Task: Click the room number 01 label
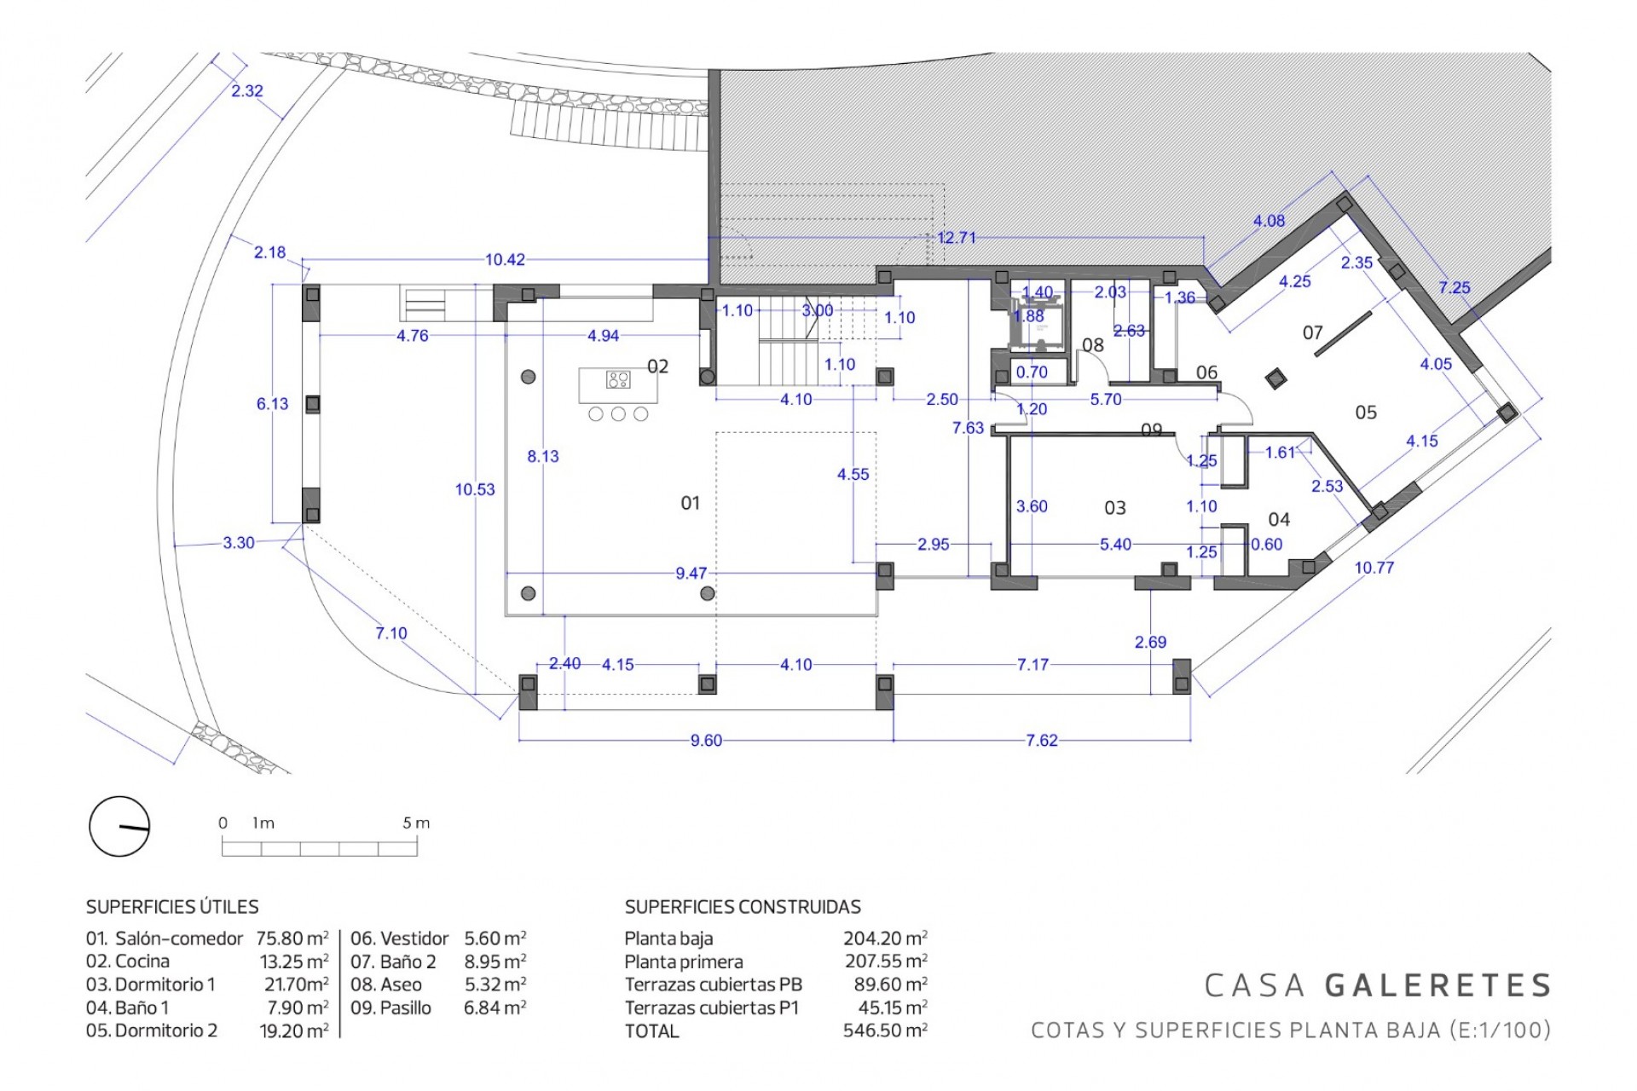(690, 503)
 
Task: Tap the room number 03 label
(1114, 508)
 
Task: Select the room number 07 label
(1312, 332)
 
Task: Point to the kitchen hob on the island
(618, 379)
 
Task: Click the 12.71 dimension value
(957, 237)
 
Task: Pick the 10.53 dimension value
(475, 489)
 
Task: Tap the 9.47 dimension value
(691, 573)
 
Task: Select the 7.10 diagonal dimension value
(391, 633)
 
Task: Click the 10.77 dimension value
(1374, 568)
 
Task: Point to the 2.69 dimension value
(1150, 642)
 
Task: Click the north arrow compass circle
(119, 826)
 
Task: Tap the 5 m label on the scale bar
(416, 823)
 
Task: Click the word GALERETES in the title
(1438, 985)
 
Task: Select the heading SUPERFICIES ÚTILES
(172, 907)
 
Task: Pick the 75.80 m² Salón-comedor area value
(292, 938)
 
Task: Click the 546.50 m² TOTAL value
(885, 1030)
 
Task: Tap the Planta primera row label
(684, 961)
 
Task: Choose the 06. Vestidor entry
(399, 938)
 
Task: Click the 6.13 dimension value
(273, 403)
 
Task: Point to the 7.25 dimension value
(1455, 287)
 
